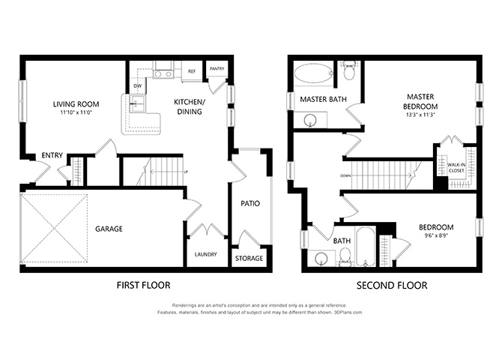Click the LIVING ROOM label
click(x=76, y=103)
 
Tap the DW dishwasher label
click(x=138, y=86)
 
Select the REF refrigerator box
click(x=192, y=71)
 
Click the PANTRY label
click(x=217, y=68)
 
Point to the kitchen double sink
click(x=138, y=103)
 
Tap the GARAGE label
click(x=109, y=229)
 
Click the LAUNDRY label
click(x=205, y=254)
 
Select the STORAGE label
click(x=249, y=258)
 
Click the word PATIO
click(x=250, y=203)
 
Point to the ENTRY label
click(x=52, y=155)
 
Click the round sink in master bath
click(x=310, y=121)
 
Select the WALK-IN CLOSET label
click(x=456, y=168)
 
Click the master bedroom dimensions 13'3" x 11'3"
click(x=420, y=115)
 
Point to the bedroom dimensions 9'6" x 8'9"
click(x=436, y=235)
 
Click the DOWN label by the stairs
click(x=345, y=175)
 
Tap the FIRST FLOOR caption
click(x=143, y=285)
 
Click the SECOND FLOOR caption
click(x=392, y=285)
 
